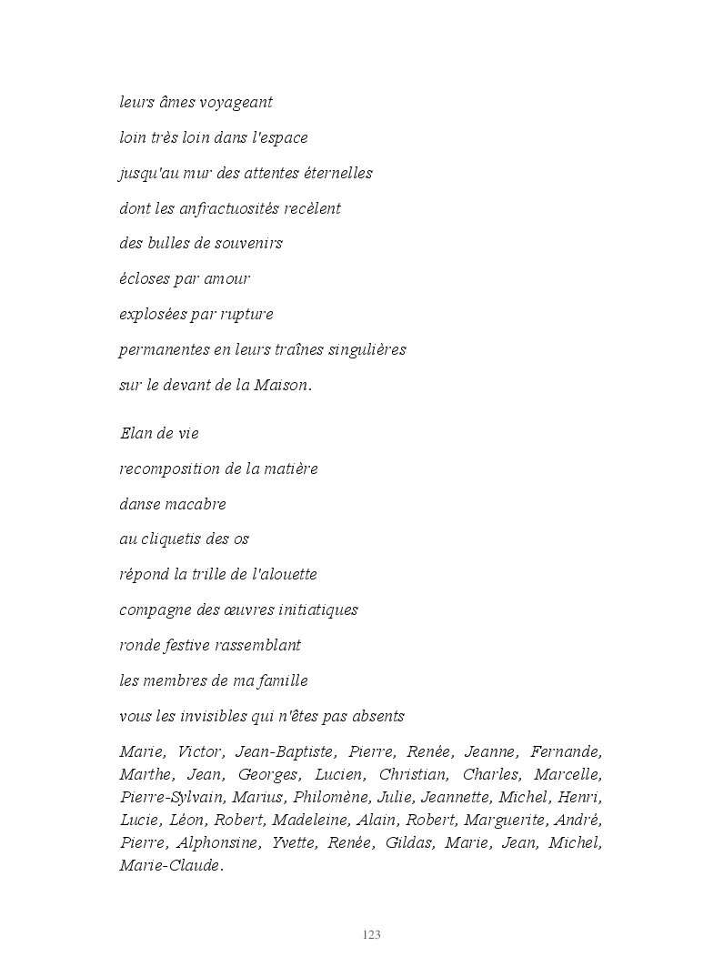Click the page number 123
[371, 935]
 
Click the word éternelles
[331, 173]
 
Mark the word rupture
[246, 315]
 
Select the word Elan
[135, 434]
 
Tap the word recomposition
[165, 469]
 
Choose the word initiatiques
[314, 610]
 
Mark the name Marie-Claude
[171, 866]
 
